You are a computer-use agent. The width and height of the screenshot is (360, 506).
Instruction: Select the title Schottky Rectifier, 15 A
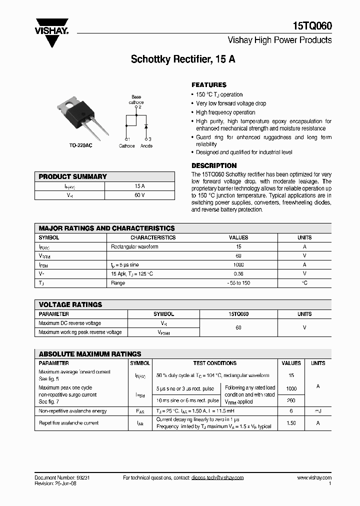183,59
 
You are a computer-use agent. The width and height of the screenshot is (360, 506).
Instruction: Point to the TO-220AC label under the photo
80,146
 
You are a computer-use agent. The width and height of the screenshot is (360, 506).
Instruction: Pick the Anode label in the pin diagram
146,146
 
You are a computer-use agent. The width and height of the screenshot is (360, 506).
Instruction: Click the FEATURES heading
209,85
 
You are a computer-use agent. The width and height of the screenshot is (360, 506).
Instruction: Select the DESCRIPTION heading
214,165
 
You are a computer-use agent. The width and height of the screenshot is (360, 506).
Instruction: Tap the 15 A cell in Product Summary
139,185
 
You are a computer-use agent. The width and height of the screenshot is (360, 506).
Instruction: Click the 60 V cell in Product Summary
139,194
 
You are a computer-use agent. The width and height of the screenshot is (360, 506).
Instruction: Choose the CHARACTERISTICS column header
153,237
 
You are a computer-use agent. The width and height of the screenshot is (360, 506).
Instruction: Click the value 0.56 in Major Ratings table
238,274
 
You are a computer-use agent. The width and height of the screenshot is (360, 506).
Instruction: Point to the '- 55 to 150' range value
238,283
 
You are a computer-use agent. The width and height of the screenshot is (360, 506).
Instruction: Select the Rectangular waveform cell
134,246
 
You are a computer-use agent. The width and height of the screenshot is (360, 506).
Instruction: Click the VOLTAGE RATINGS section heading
70,304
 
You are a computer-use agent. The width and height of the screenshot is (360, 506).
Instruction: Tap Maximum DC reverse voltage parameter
69,323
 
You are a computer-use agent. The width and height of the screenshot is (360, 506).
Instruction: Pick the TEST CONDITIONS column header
214,363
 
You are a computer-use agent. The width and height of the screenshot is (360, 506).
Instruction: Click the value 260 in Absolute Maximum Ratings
291,400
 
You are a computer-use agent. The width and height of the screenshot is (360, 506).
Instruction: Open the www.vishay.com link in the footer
314,478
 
